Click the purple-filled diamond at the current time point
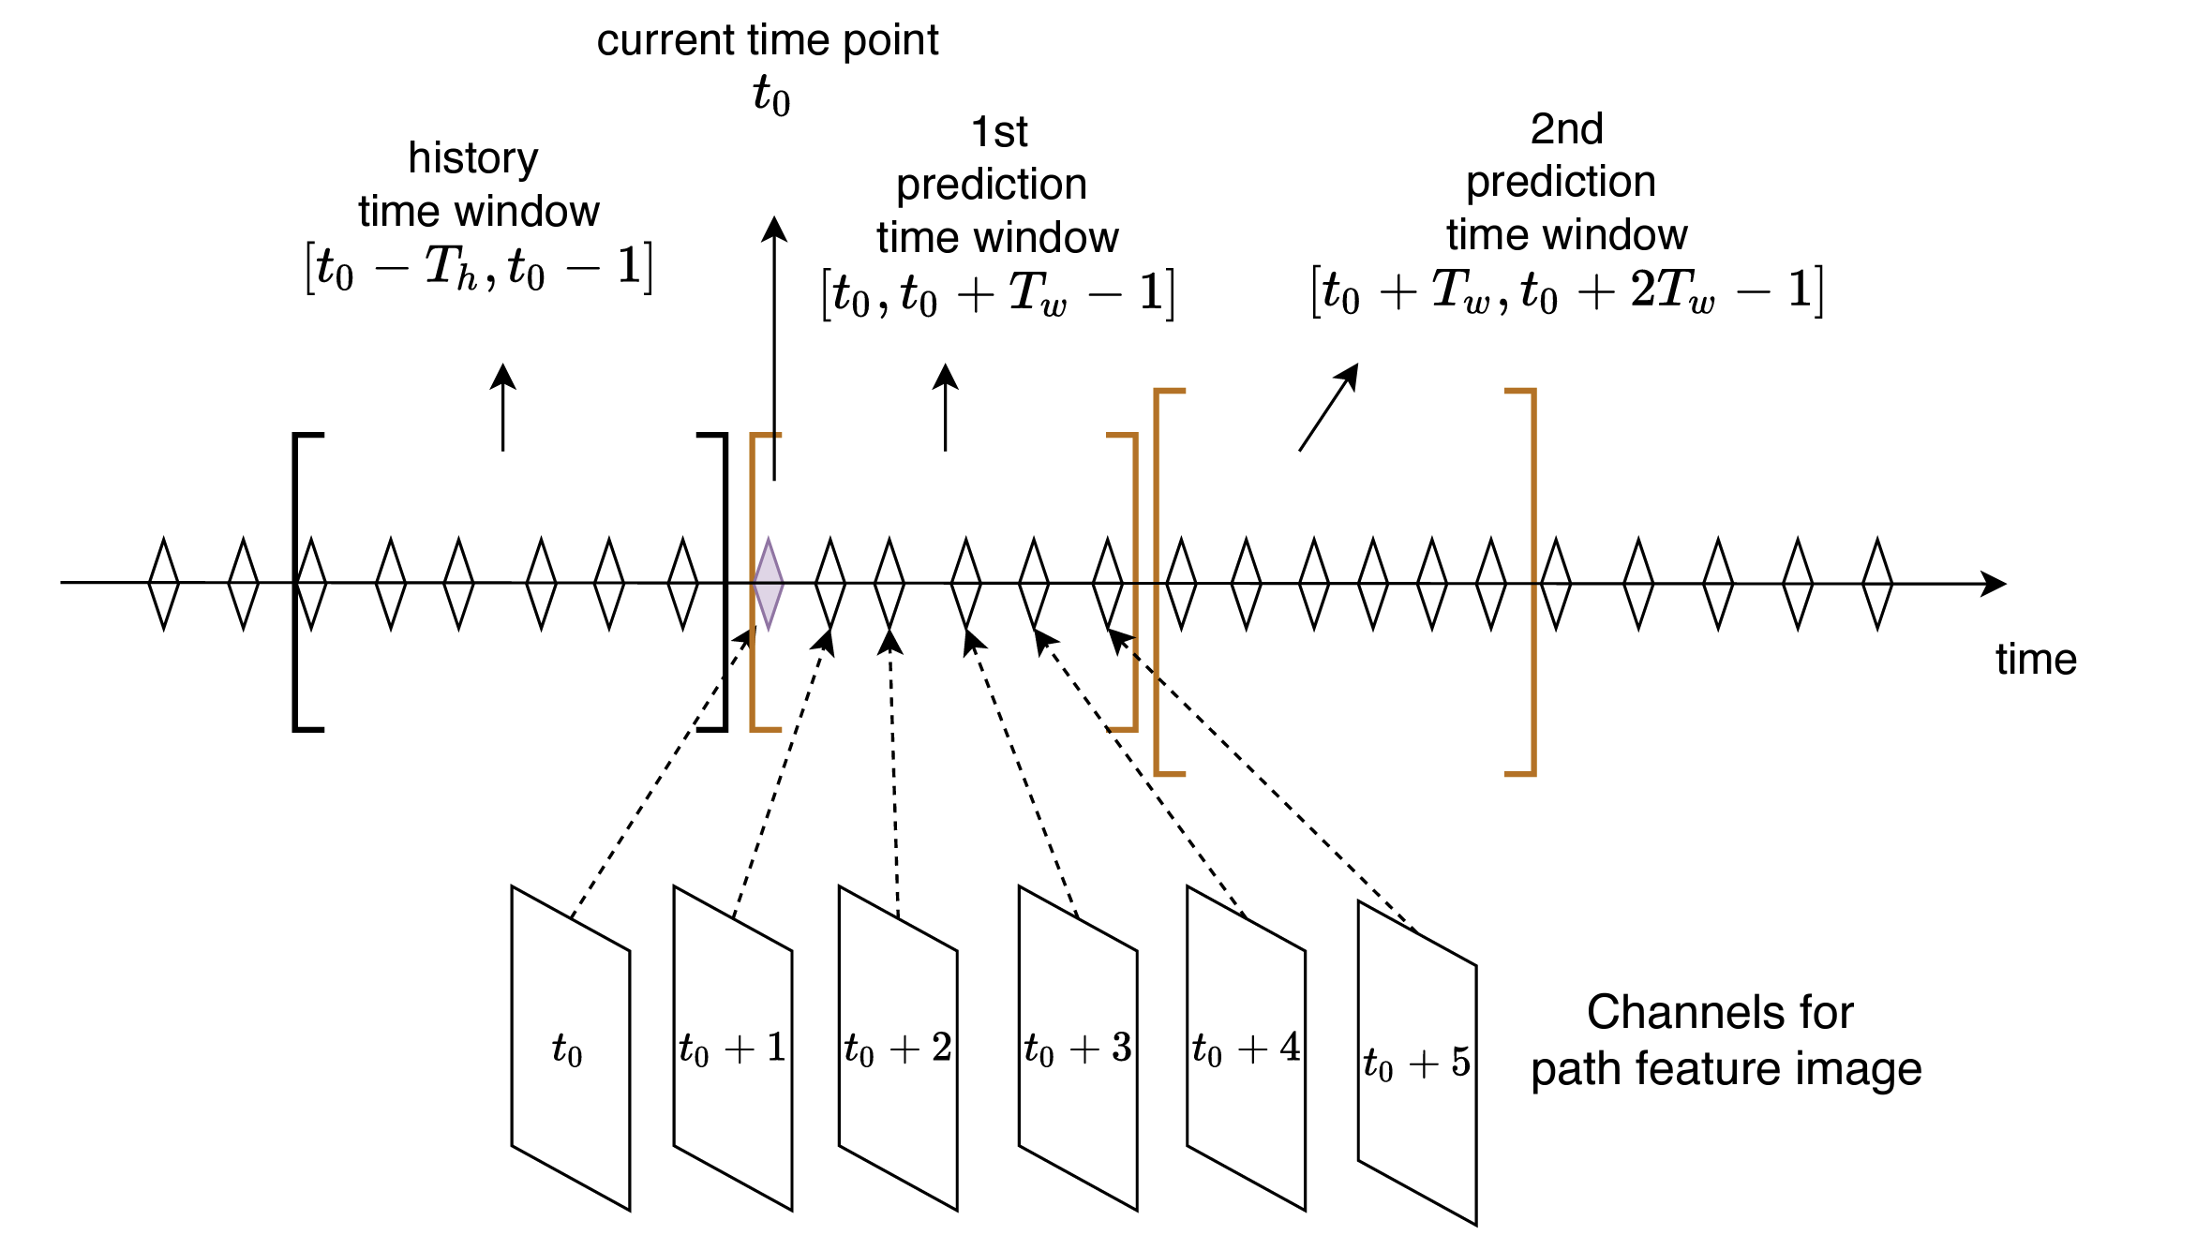[x=769, y=583]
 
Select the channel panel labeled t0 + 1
[x=733, y=1048]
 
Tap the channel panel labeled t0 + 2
[x=898, y=1048]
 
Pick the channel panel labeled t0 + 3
[x=1078, y=1048]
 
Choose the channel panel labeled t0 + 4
[x=1246, y=1048]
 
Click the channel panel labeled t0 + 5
[x=1417, y=1063]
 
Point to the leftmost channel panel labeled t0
[x=570, y=1048]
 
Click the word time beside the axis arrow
[x=2036, y=660]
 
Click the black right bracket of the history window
[x=724, y=581]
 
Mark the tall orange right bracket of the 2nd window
[x=1532, y=581]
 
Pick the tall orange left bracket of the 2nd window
[x=1158, y=581]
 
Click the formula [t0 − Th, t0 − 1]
[x=479, y=268]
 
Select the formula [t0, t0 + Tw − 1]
[x=997, y=294]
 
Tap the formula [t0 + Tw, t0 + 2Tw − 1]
[x=1566, y=291]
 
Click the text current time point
[x=768, y=40]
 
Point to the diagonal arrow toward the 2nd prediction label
[x=1328, y=408]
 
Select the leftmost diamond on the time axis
[x=164, y=583]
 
